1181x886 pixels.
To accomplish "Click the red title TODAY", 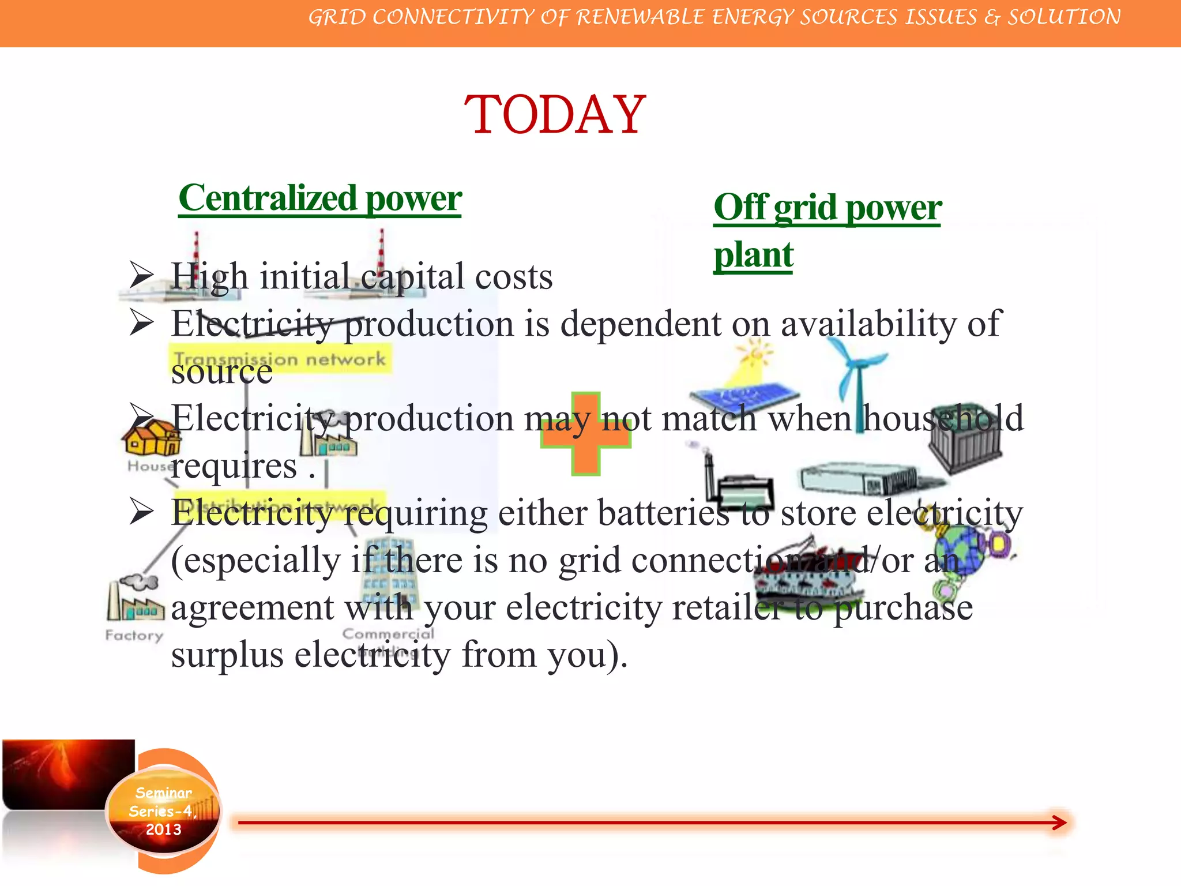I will [555, 115].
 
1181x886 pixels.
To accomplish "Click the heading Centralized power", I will [320, 198].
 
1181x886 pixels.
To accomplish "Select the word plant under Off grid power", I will [753, 254].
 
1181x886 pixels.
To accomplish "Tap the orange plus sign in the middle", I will [586, 434].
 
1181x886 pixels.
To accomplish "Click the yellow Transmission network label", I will [280, 359].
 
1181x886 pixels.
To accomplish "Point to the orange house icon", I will [151, 438].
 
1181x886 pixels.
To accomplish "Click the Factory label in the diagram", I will [134, 635].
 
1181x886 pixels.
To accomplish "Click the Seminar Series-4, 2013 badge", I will [163, 811].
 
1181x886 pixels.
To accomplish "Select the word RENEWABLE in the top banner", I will [640, 17].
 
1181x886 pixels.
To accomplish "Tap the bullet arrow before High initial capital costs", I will [141, 275].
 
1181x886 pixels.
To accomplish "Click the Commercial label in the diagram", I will [388, 633].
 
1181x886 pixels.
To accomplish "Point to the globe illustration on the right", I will [957, 551].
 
